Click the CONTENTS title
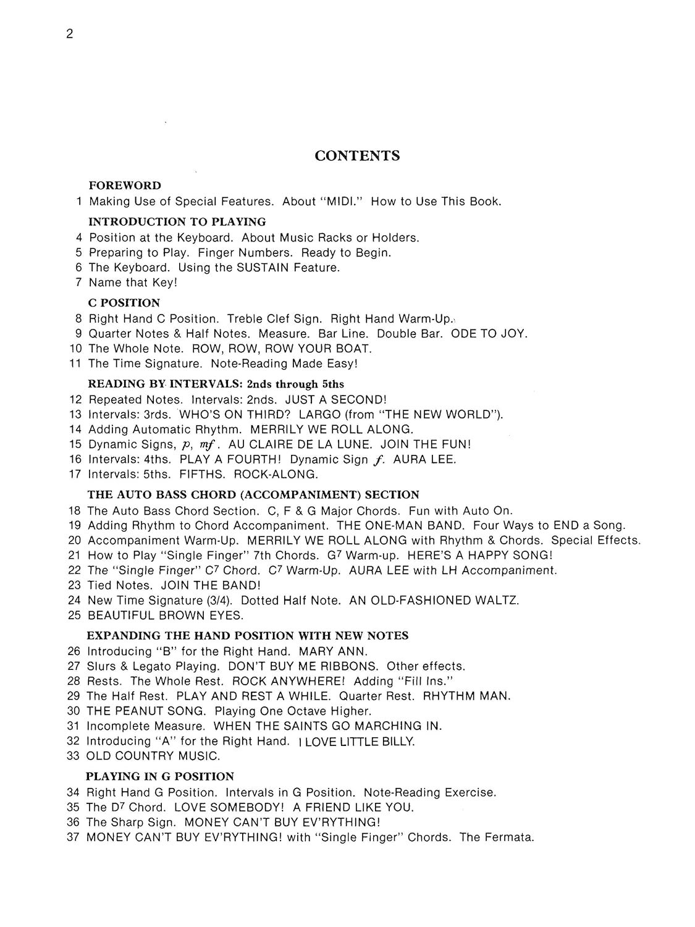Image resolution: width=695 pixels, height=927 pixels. [x=357, y=156]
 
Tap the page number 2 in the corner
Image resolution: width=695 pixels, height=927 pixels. [x=70, y=35]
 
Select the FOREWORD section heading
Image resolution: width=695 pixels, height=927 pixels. [x=125, y=185]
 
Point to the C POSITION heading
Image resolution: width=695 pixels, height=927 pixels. [x=124, y=303]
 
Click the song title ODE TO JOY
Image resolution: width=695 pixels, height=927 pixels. [x=489, y=334]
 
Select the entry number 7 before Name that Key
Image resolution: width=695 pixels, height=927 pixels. [x=79, y=283]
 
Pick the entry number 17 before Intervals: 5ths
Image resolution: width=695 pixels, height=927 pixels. [x=75, y=475]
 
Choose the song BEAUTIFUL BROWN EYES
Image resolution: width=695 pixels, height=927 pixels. [x=166, y=616]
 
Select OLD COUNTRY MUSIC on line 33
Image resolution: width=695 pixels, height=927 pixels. [x=153, y=756]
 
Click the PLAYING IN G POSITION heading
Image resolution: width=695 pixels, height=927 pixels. [x=160, y=777]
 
